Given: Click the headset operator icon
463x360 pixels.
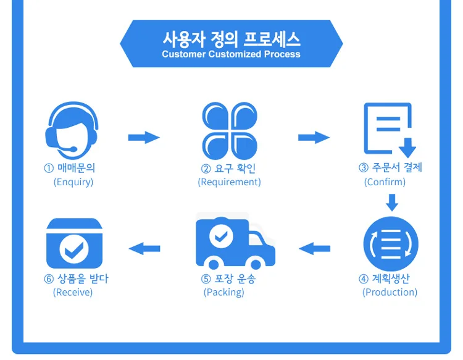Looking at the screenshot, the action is point(72,130).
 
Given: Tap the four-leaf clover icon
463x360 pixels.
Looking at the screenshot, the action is point(230,131).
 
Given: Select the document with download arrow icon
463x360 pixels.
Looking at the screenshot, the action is point(390,130).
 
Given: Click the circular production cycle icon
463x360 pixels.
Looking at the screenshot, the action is point(391,244).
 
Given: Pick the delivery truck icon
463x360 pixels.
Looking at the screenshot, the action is point(235,243).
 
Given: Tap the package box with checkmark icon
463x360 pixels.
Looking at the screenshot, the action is point(75,243).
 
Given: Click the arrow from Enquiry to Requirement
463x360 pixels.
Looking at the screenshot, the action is point(144,138).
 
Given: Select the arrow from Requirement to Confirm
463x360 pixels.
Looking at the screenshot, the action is point(314,138).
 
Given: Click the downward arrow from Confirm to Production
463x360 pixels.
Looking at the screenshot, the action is point(392,203).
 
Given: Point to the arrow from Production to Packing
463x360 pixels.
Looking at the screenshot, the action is point(314,249).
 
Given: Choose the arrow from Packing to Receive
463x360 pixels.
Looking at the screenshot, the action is point(144,249).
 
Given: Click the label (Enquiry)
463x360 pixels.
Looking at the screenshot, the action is point(73,182).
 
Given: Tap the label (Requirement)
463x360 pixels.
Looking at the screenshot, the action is point(230,182).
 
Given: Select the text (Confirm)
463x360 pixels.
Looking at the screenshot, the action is point(385,182).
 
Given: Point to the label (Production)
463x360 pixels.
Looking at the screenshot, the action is point(390,292).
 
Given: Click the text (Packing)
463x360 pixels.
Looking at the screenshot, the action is point(224,292).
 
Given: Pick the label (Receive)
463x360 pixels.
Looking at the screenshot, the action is point(73,292).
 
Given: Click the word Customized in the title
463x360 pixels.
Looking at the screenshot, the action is point(235,54).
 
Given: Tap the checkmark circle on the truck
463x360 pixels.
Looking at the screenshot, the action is point(221,237).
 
